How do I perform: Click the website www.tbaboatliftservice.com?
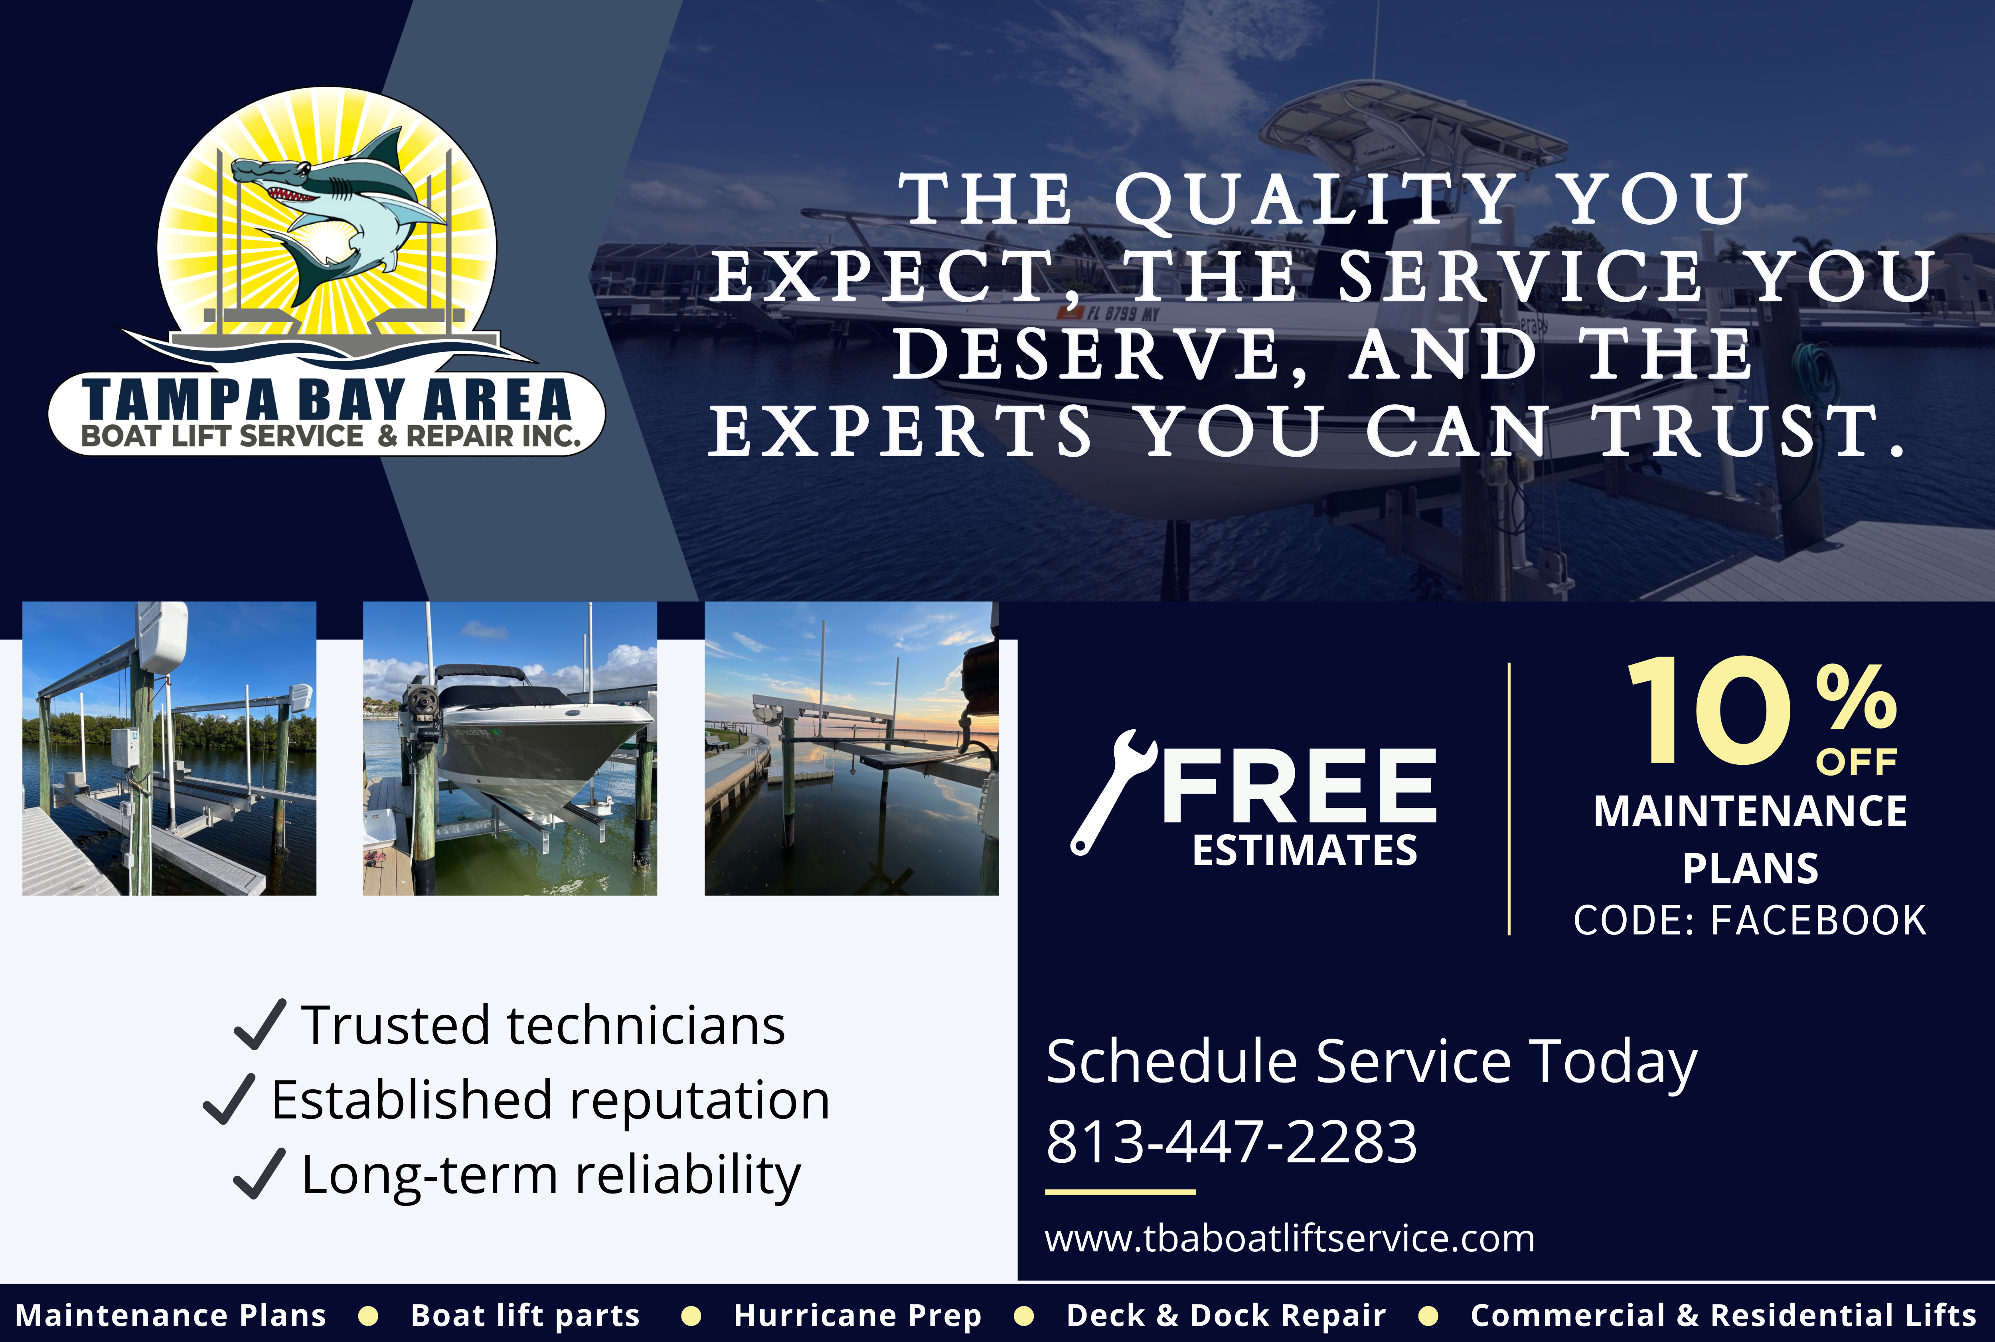point(1289,1239)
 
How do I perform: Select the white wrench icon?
point(1110,792)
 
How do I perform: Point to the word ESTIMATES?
point(1305,851)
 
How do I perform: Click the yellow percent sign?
point(1857,697)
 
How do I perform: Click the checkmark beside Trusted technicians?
point(259,1025)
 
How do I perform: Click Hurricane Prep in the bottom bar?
point(857,1314)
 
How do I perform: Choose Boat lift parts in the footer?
point(525,1314)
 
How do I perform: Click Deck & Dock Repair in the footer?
point(1226,1314)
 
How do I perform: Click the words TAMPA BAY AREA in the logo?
point(327,399)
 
